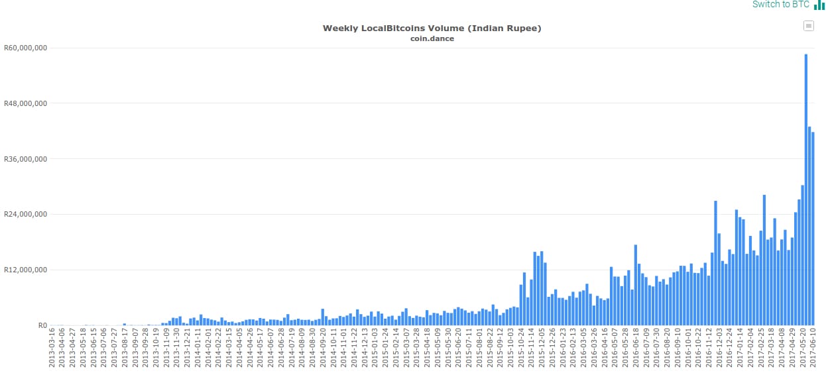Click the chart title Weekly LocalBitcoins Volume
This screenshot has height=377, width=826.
point(432,28)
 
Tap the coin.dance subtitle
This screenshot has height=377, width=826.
point(432,38)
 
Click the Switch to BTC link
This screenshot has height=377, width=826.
point(780,5)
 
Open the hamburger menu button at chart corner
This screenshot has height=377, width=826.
point(808,26)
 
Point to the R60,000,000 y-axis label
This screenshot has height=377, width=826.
point(25,48)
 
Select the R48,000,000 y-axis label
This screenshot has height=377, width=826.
point(25,103)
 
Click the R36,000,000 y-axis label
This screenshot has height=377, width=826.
point(25,159)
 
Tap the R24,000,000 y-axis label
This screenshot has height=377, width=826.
point(25,214)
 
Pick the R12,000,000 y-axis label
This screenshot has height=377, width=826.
point(25,270)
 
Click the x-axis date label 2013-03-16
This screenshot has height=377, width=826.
point(52,351)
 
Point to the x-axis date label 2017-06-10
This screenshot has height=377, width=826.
point(813,351)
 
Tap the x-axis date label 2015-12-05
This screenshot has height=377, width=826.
point(542,351)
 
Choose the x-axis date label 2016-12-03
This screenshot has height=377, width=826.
point(719,351)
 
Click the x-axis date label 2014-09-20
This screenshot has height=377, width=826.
point(323,351)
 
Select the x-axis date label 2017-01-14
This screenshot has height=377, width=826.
point(740,351)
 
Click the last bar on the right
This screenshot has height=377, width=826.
point(813,229)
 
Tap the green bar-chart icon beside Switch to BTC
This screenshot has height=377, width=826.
point(819,5)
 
